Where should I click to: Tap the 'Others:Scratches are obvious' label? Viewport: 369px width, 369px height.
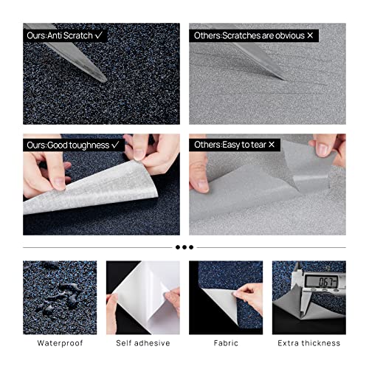click(x=241, y=35)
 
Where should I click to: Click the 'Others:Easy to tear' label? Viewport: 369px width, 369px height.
click(x=232, y=145)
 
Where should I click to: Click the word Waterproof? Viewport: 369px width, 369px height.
click(x=59, y=343)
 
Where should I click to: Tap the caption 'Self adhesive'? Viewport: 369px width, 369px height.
click(x=142, y=343)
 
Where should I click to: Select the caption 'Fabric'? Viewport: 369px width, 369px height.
click(x=226, y=343)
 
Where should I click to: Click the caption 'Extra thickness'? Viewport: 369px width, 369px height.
click(x=309, y=343)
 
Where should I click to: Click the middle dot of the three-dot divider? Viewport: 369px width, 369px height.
click(x=184, y=247)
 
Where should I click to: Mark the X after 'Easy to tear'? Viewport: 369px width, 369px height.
click(x=271, y=145)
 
